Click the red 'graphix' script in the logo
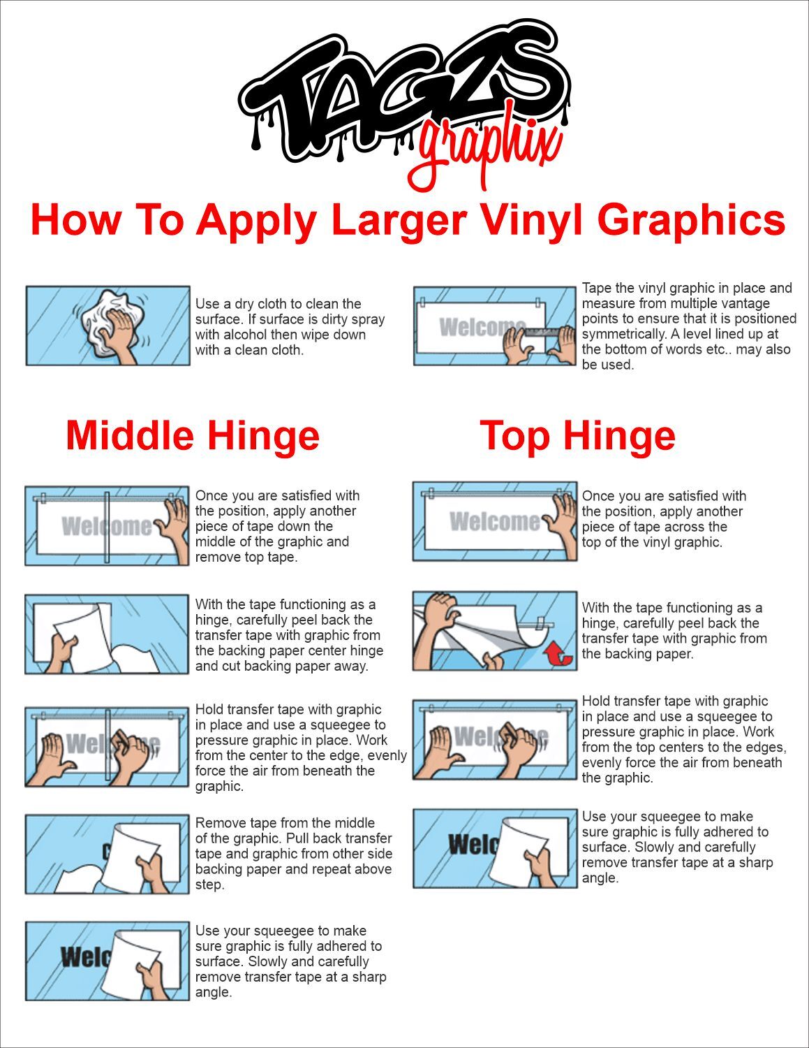pos(487,150)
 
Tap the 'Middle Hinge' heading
pos(193,435)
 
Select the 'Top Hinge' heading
pos(578,436)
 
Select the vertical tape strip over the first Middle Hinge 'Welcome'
pos(107,527)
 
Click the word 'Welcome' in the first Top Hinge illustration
pos(494,521)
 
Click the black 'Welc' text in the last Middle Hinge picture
pos(86,957)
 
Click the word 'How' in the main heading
pos(76,219)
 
